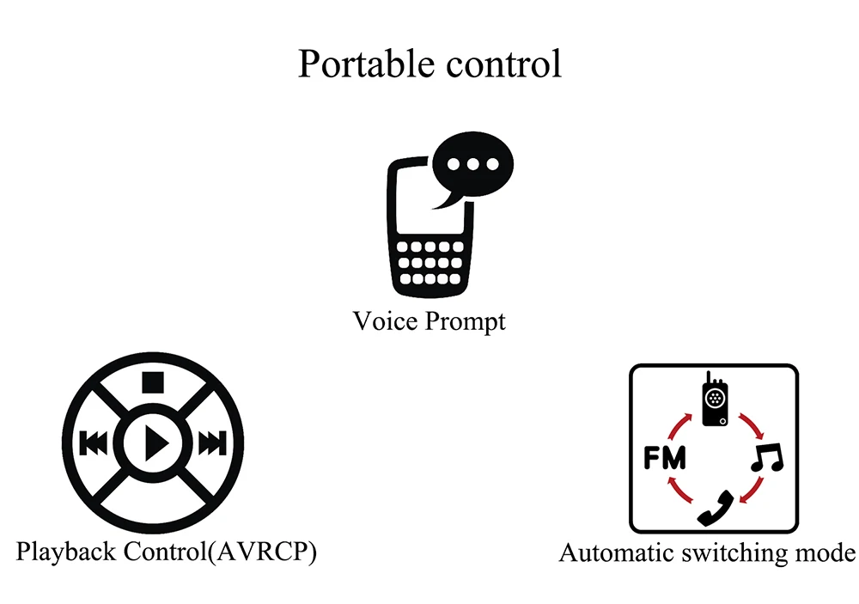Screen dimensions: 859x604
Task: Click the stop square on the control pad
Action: click(x=154, y=381)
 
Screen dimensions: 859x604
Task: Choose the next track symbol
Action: click(x=212, y=444)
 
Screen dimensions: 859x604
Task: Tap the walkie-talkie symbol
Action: click(x=714, y=400)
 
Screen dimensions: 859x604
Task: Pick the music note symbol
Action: click(x=766, y=458)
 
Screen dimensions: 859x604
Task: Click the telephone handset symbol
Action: click(x=715, y=507)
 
